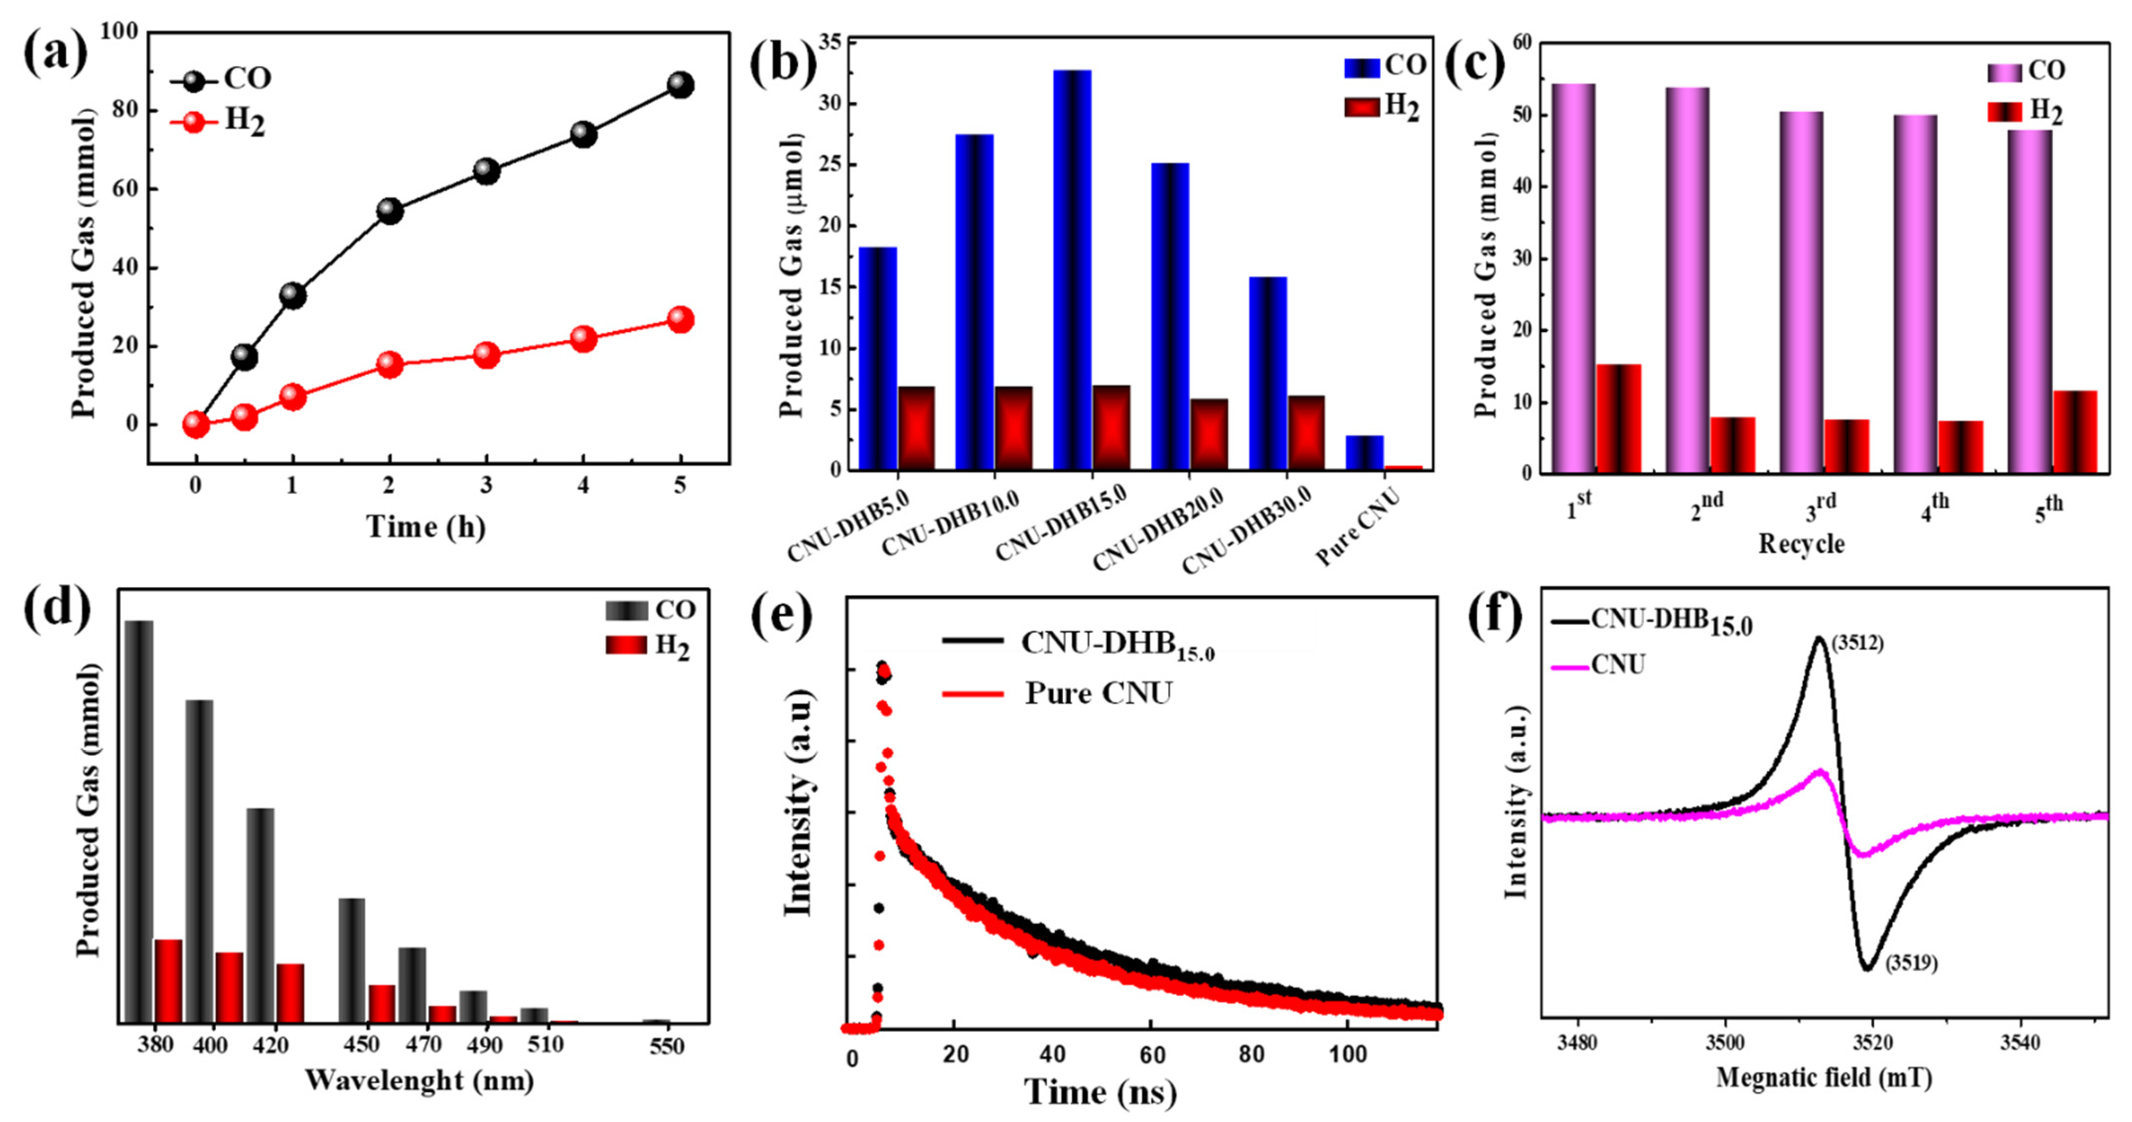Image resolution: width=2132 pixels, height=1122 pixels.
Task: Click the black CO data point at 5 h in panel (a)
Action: pos(680,84)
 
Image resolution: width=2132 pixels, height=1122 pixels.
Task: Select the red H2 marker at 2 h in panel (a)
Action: pos(389,364)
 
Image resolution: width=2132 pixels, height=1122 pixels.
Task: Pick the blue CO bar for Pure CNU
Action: pos(1364,453)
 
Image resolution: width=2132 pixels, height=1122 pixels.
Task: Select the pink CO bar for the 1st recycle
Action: pos(1573,278)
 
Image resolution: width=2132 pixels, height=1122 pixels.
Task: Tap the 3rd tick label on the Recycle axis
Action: pos(1821,508)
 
